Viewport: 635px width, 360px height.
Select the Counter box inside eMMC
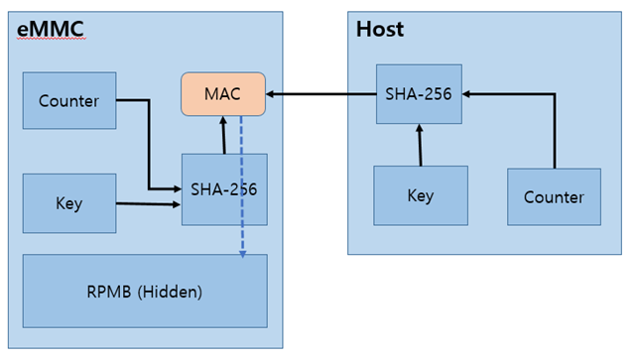69,100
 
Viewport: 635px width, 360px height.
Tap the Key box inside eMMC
69,203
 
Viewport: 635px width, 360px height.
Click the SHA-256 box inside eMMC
224,188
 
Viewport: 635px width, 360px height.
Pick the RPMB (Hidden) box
145,292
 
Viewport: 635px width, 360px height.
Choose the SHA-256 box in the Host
419,94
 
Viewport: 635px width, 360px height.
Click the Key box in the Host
420,195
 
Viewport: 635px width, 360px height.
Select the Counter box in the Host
554,196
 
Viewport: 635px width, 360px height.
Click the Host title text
380,30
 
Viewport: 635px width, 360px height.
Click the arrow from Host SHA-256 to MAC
321,94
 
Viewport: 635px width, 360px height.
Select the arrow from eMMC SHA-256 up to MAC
224,135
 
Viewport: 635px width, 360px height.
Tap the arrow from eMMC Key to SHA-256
149,204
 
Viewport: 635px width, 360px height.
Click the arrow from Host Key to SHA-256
420,145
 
